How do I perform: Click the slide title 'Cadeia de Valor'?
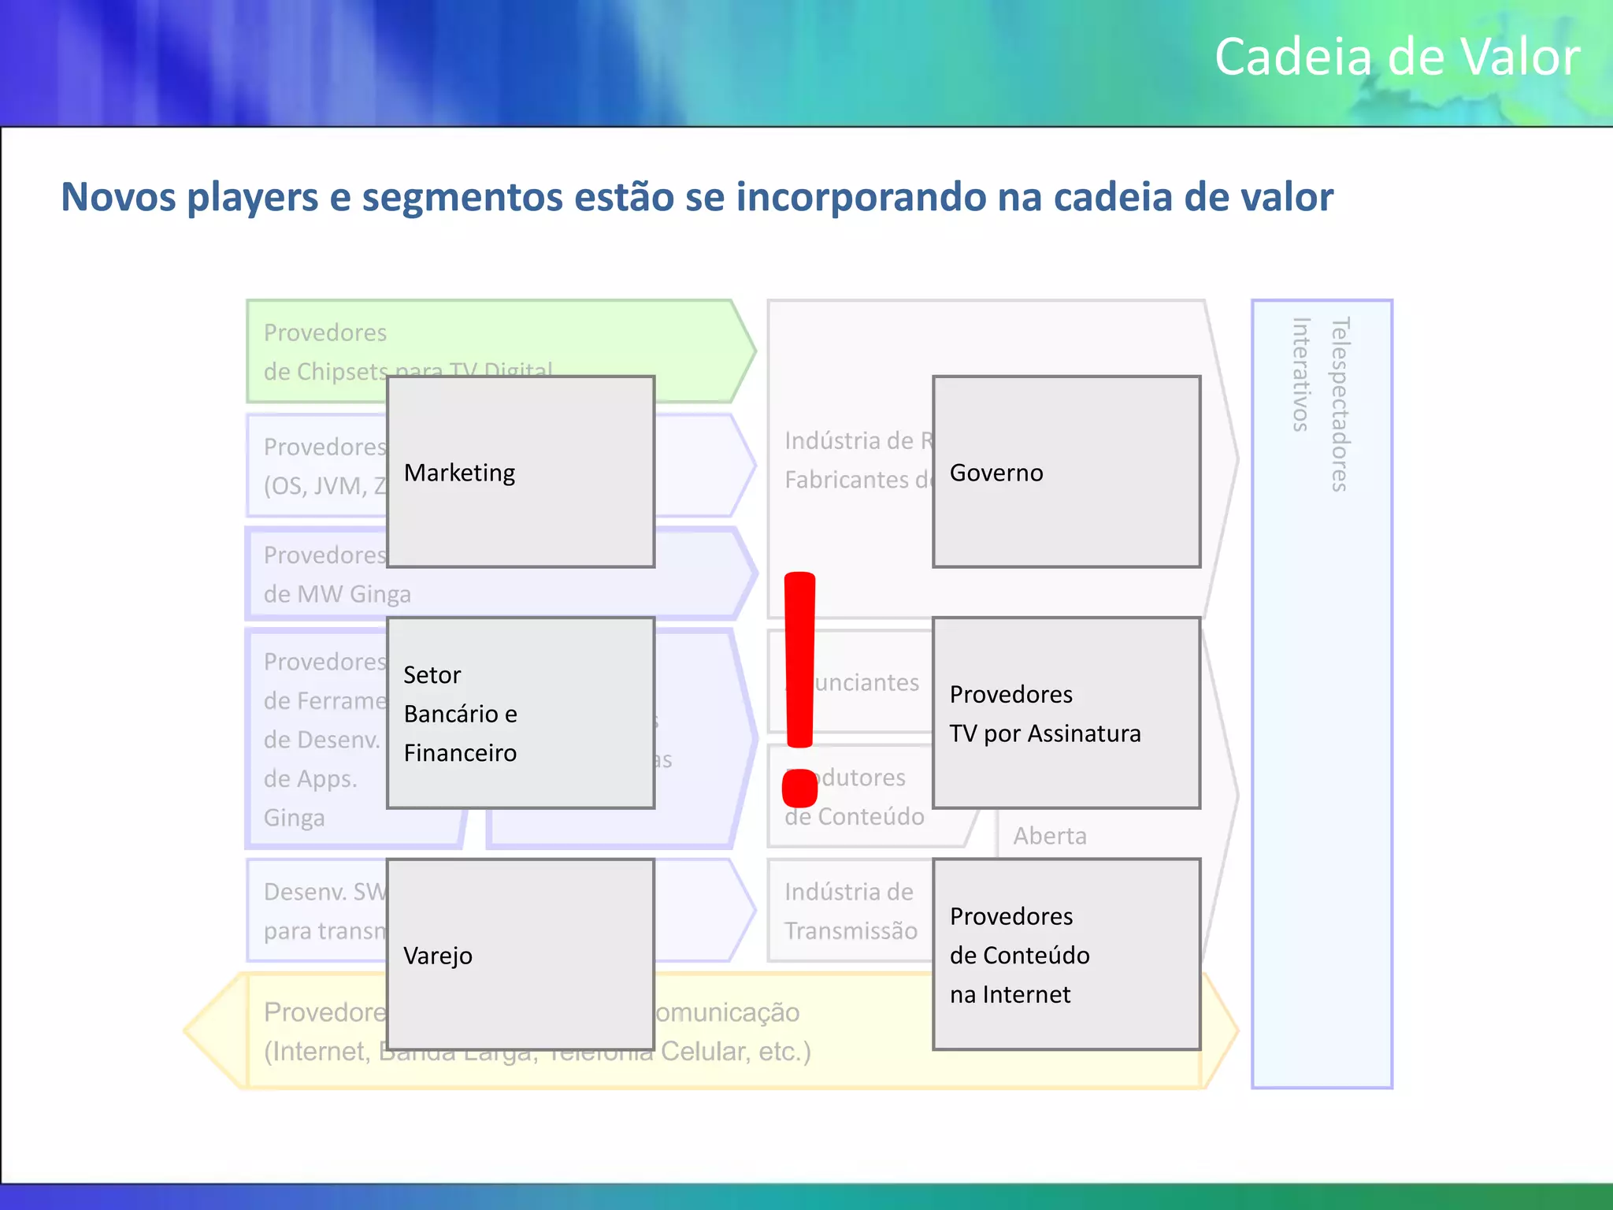point(1396,57)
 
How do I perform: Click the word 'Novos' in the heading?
point(118,197)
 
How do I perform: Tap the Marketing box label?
point(459,473)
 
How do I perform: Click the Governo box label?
point(996,473)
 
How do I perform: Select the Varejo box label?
point(438,956)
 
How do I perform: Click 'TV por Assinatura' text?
point(1044,733)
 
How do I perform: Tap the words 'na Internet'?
point(1010,995)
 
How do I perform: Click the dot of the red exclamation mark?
point(799,788)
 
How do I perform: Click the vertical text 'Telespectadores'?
point(1340,404)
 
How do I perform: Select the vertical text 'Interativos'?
point(1301,374)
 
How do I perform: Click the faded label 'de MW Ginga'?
point(337,594)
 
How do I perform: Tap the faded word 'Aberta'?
point(1050,836)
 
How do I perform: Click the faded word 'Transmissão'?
point(851,931)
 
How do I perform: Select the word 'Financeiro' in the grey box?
point(460,753)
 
